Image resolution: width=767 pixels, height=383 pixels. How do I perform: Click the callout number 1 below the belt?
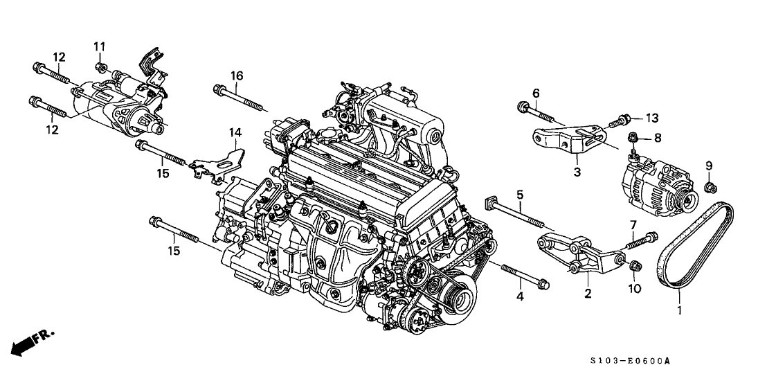(679, 311)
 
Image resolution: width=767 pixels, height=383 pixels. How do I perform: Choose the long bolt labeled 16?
(240, 97)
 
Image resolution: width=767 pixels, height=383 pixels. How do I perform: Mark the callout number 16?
(236, 75)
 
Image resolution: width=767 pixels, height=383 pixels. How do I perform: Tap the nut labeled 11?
(100, 66)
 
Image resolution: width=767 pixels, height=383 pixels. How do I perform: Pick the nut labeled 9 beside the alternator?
(708, 186)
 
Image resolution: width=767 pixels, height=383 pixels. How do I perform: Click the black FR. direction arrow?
(26, 344)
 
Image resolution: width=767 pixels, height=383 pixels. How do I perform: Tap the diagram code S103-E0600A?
(633, 361)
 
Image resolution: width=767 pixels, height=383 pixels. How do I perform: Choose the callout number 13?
(653, 117)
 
